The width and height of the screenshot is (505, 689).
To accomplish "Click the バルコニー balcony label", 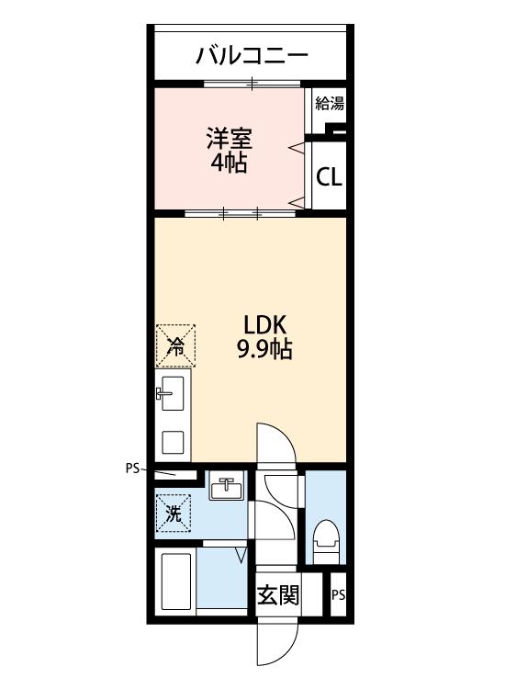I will tap(251, 55).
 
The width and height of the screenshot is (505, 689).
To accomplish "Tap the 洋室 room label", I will tap(228, 140).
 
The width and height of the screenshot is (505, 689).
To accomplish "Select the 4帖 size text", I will tap(228, 165).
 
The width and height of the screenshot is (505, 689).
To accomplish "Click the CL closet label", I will tap(329, 176).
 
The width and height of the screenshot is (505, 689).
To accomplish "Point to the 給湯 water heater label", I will tap(329, 103).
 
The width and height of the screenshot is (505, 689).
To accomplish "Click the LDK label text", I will tap(265, 325).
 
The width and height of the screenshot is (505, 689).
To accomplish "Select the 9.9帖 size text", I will tap(265, 350).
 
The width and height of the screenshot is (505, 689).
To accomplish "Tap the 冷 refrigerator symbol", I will tap(174, 346).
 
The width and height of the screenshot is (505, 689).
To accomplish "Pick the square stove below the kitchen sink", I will tap(173, 442).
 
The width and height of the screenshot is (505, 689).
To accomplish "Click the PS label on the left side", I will tap(131, 468).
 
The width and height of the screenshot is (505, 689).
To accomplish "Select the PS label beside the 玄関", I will tap(338, 595).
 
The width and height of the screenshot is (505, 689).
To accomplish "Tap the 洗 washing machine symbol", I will tap(174, 514).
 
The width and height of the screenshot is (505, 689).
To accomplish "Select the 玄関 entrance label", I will tap(277, 595).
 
